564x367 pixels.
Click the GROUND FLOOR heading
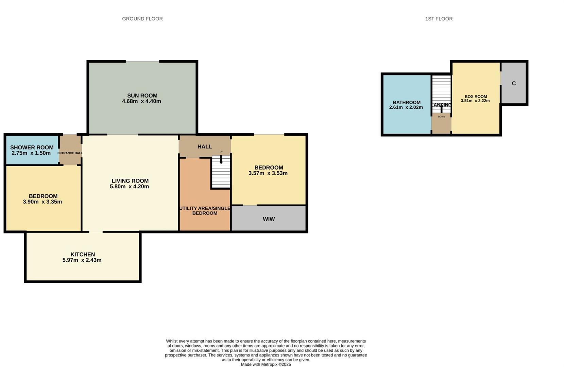tap(142, 19)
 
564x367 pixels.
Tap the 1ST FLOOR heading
tap(439, 19)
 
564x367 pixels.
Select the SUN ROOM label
tap(142, 95)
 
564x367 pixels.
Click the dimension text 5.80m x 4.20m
tap(129, 187)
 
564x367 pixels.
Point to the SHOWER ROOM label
tap(32, 147)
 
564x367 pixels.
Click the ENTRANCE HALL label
tap(70, 153)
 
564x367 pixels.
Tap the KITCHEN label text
tap(83, 254)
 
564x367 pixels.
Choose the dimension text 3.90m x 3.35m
tap(42, 202)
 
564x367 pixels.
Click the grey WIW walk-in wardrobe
tap(269, 219)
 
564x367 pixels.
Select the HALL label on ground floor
tap(205, 146)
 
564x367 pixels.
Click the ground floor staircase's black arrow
tap(221, 160)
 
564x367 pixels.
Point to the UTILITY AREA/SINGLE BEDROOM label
tap(205, 211)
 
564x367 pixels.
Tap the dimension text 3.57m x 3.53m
tap(268, 173)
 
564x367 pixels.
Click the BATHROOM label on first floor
tap(407, 102)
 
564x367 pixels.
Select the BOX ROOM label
tap(476, 97)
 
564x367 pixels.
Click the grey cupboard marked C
tap(514, 83)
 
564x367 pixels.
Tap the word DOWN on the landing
tap(441, 117)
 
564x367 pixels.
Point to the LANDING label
tap(441, 105)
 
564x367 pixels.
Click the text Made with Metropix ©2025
tap(266, 364)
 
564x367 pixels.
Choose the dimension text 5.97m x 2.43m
tap(82, 260)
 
